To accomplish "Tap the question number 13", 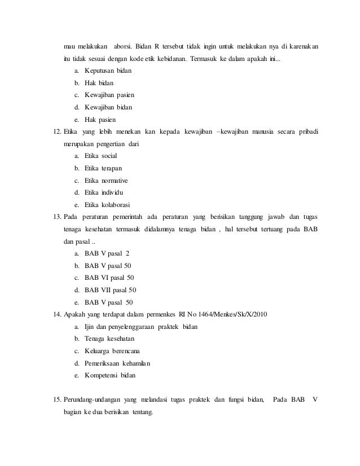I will (55, 217).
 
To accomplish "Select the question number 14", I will (55, 314).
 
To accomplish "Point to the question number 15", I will (55, 400).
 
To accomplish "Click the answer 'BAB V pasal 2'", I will (107, 254).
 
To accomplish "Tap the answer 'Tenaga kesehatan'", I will (110, 338).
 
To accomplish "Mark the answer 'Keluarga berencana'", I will (112, 351).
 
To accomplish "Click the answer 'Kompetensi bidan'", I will (110, 375).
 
